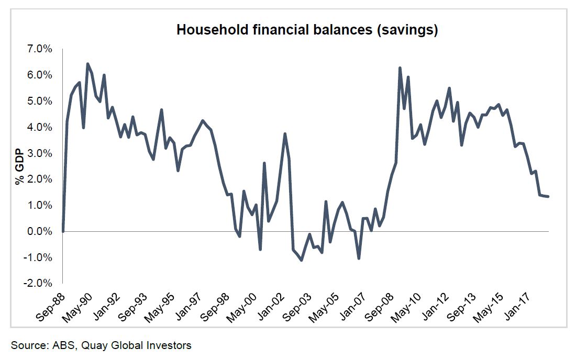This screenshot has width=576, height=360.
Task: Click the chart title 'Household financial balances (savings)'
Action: pos(307,30)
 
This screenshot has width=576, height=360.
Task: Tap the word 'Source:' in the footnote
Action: pos(29,345)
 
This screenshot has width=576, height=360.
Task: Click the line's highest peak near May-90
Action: pos(87,64)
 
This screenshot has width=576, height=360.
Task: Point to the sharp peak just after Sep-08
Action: pos(400,68)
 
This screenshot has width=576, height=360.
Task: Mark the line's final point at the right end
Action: pos(548,197)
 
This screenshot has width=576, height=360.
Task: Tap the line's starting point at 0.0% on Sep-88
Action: pos(63,231)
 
